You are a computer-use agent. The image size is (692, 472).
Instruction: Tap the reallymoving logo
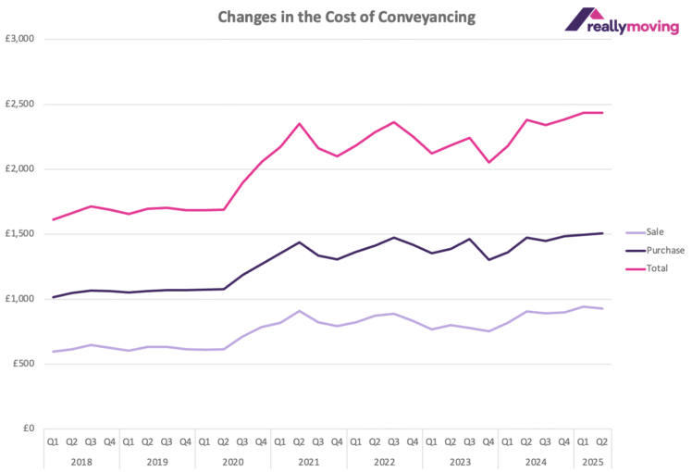click(x=622, y=19)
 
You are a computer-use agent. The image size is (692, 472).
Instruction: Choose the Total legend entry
click(x=656, y=268)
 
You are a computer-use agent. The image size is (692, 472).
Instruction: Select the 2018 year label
click(x=81, y=460)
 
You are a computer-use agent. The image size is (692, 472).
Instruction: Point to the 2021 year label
click(x=308, y=460)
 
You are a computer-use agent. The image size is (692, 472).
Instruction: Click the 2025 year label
click(x=592, y=460)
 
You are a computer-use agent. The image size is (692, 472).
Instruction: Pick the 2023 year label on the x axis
click(x=460, y=460)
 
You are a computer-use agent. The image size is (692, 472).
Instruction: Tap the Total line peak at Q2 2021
click(x=299, y=123)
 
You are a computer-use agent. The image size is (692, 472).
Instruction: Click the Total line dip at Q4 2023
click(x=488, y=162)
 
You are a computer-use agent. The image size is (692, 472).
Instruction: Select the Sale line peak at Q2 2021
click(x=299, y=311)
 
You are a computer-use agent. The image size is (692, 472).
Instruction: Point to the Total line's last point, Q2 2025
click(x=602, y=113)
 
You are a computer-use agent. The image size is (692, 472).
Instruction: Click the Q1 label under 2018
click(x=54, y=441)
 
